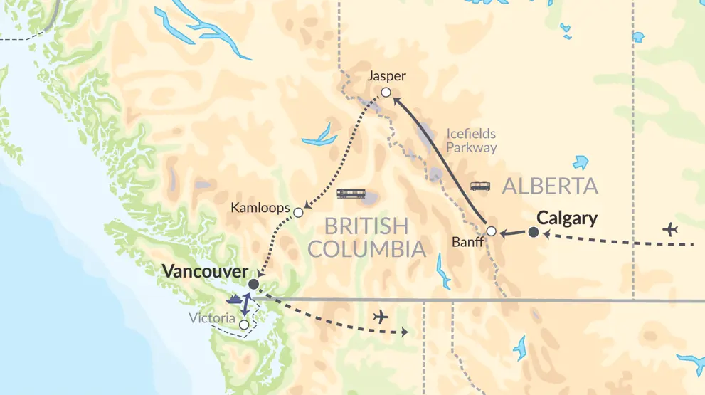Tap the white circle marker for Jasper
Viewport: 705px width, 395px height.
[x=386, y=92]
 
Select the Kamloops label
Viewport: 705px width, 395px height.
[x=261, y=209]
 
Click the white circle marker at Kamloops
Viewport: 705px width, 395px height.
[x=299, y=212]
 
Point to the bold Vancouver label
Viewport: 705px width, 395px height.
[x=205, y=271]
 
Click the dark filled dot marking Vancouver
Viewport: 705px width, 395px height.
[x=253, y=284]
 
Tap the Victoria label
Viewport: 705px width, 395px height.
[x=213, y=318]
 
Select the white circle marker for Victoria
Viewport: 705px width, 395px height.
[x=245, y=325]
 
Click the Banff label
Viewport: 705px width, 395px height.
[x=468, y=241]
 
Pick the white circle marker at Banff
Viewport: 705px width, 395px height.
[x=491, y=231]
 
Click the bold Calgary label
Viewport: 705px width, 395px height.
[x=567, y=218]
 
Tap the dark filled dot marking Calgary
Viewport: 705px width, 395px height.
[x=534, y=232]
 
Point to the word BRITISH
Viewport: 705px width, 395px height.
[x=366, y=226]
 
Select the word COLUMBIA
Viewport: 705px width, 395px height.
[x=366, y=249]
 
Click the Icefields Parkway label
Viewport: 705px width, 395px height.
[x=472, y=140]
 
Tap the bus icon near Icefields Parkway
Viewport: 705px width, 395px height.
[x=480, y=186]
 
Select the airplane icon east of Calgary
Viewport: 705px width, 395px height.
[x=669, y=229]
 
